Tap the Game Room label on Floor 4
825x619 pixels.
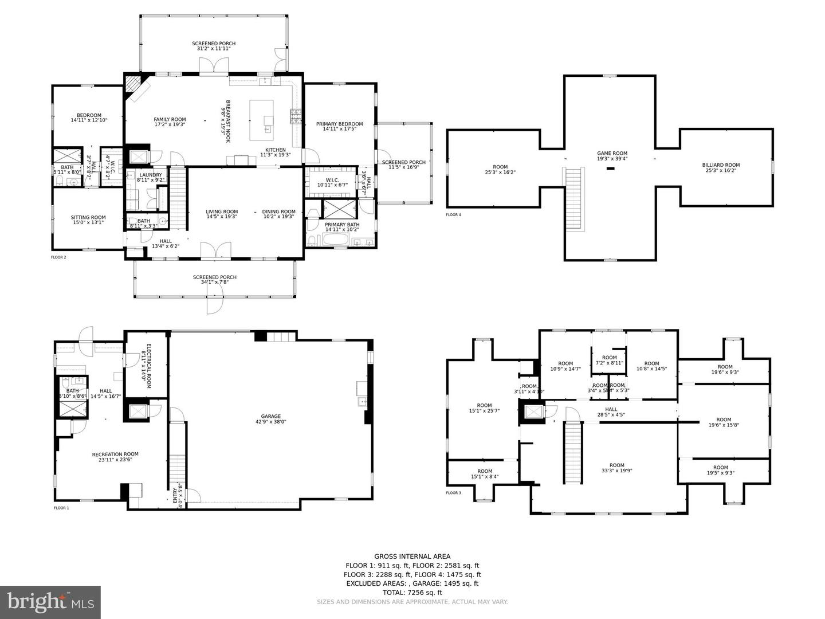(x=612, y=156)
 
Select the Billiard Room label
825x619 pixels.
(x=721, y=168)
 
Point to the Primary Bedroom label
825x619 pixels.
(x=339, y=126)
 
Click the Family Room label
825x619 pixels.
(x=170, y=122)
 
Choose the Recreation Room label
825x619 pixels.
(x=115, y=457)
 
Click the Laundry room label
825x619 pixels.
(x=151, y=177)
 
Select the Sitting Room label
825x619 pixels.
(x=88, y=220)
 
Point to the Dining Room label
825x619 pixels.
(x=279, y=214)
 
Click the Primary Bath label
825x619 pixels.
(x=342, y=227)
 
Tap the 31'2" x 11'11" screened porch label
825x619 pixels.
(x=214, y=46)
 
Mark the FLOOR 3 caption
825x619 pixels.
(x=453, y=493)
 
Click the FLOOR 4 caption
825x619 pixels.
(x=453, y=215)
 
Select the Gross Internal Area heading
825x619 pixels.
(x=412, y=556)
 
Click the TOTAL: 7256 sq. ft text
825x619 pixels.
(x=412, y=593)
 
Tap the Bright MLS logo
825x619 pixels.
(x=50, y=602)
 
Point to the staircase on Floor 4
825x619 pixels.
(x=574, y=198)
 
